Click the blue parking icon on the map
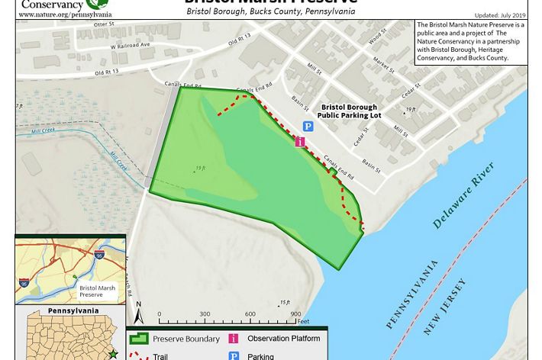308,127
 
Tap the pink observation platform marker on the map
300,141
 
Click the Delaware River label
463,196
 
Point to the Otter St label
102,24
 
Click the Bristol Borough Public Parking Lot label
353,112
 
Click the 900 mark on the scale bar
295,314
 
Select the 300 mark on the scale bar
205,314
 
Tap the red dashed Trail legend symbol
138,355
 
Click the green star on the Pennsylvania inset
113,354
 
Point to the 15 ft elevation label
285,303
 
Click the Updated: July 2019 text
500,15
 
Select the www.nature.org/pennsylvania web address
66,14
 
